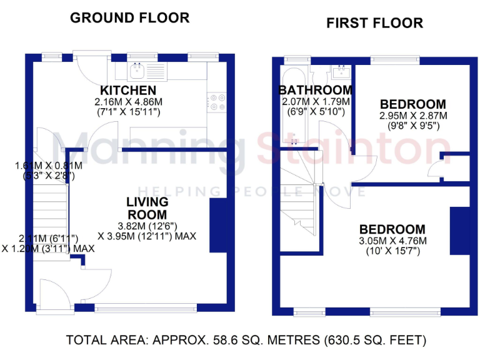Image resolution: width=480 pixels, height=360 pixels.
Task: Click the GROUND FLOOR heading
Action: tap(129, 17)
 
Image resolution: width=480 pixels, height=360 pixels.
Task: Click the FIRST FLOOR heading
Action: tap(374, 24)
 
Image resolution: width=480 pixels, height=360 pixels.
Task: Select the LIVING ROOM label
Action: tap(147, 208)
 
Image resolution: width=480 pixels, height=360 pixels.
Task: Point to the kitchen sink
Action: tap(137, 71)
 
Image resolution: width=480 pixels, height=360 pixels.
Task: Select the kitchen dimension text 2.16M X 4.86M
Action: tap(128, 102)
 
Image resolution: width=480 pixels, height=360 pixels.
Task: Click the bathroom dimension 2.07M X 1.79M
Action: tap(315, 102)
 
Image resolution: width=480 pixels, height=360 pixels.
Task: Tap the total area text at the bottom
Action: tap(246, 341)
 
